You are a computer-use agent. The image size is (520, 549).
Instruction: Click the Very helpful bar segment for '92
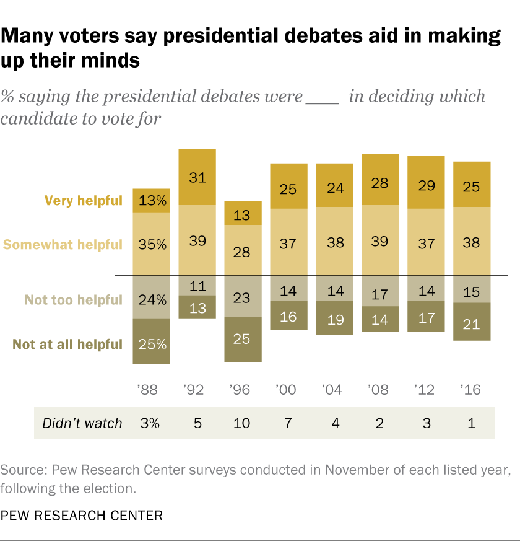tap(197, 177)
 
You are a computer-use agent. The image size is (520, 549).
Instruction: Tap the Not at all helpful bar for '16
tap(472, 321)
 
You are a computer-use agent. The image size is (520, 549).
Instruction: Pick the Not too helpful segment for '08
tap(380, 288)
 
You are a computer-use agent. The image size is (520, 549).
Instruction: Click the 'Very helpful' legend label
tap(83, 200)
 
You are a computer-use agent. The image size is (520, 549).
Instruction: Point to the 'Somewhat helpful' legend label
tap(63, 244)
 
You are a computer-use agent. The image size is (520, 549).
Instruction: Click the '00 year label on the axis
tap(288, 390)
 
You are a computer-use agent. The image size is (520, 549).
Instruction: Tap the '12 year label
tap(426, 390)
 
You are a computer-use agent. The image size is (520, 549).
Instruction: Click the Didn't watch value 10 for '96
tap(243, 423)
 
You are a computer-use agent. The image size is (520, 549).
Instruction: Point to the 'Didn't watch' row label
tap(82, 423)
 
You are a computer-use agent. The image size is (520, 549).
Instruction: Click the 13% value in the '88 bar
tap(152, 201)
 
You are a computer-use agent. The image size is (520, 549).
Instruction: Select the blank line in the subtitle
tap(323, 98)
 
